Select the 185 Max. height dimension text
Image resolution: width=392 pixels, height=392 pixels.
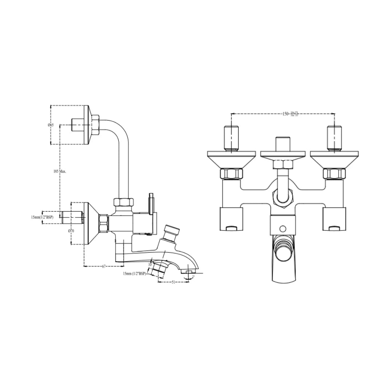coord(60,171)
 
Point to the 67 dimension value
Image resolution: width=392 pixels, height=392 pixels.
coord(104,266)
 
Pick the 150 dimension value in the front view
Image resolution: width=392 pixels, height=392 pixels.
coord(286,114)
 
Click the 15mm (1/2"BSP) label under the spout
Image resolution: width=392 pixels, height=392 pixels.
coord(134,273)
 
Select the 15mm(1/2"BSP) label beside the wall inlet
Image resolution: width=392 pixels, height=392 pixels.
coord(42,217)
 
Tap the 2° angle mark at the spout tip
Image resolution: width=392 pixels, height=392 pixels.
coord(193,277)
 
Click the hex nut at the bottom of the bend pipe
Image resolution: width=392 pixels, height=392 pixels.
coord(124,203)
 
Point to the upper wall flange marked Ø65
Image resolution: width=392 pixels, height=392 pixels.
coord(87,125)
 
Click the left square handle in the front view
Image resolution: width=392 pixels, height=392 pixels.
coord(231,219)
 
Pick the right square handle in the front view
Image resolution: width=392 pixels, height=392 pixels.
coord(334,219)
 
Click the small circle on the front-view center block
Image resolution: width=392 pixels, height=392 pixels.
coord(283,229)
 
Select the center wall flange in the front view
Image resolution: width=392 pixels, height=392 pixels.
coord(283,154)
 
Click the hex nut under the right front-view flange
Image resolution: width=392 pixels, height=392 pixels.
coord(334,173)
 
